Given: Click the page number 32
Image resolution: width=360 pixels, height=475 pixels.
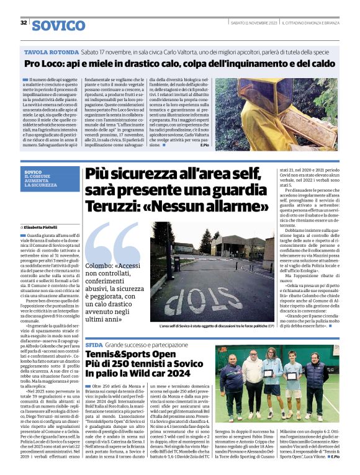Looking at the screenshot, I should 23,23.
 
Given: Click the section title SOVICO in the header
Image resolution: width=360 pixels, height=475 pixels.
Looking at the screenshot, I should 58,25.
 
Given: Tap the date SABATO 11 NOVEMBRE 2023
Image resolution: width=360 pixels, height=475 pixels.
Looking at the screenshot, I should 253,23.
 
